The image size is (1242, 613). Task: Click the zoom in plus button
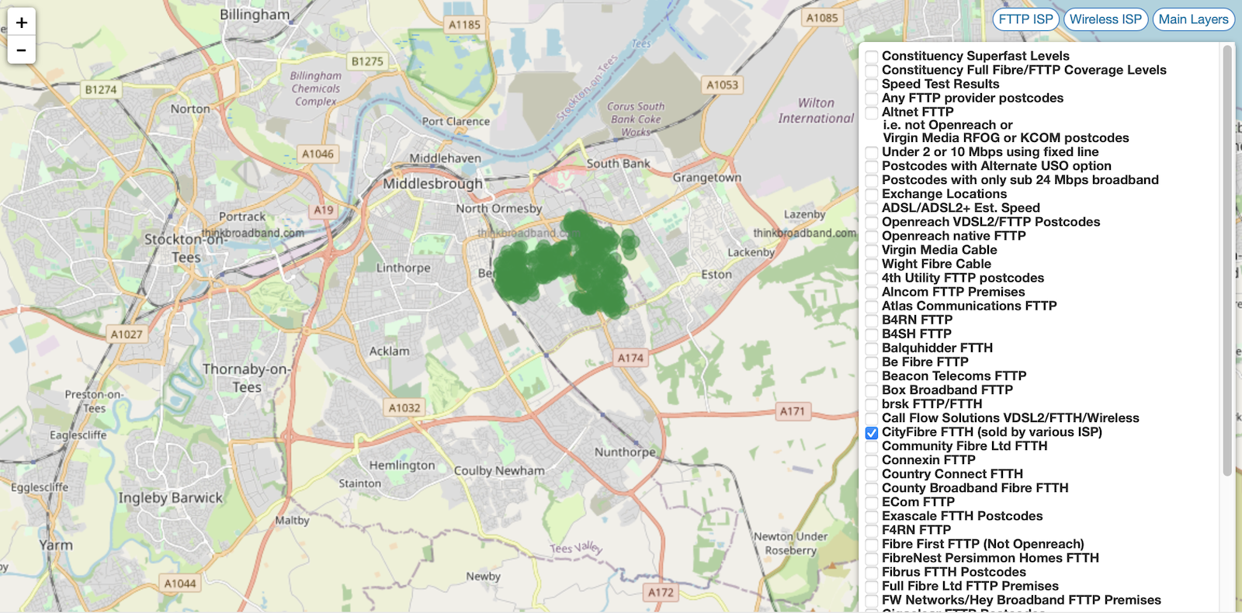22,23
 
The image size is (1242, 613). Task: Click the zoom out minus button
22,50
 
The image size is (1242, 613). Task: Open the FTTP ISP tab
1025,19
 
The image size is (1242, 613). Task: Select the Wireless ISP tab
1105,19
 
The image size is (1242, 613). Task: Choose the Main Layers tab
1193,19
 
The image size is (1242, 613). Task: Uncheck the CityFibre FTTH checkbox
872,433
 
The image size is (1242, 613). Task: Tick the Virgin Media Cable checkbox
872,251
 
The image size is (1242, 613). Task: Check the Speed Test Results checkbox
872,85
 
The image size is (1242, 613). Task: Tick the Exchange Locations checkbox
872,195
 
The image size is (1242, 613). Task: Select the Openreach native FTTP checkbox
872,237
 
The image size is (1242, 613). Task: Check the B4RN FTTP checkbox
872,320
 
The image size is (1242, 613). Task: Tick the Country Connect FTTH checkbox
872,475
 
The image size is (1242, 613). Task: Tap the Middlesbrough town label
432,184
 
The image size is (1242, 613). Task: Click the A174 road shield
630,358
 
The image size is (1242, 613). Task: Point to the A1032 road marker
404,407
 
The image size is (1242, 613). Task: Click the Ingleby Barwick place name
170,497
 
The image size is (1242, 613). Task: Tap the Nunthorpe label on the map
625,452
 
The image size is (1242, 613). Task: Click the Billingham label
255,15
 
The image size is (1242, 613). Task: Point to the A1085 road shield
822,18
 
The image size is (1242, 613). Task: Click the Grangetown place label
706,178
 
